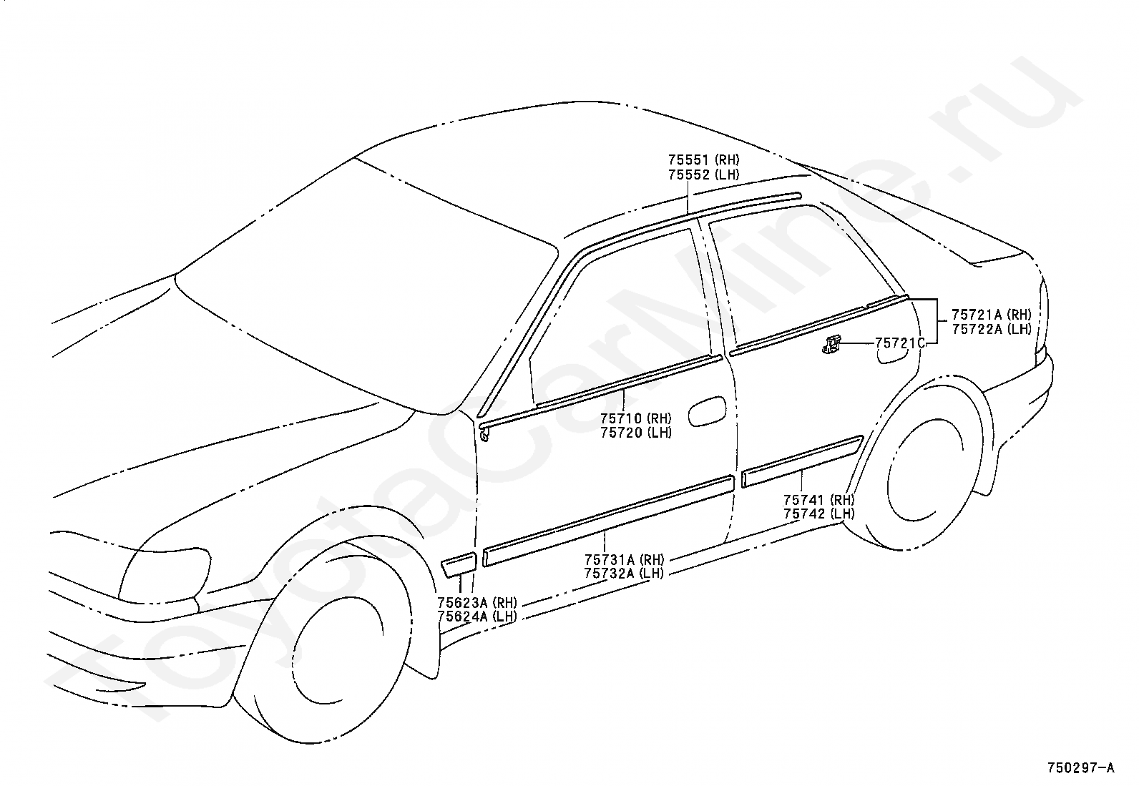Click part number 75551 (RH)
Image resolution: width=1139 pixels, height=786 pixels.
click(703, 160)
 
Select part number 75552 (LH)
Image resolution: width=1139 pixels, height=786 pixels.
click(703, 175)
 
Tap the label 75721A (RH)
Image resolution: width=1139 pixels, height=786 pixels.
click(991, 315)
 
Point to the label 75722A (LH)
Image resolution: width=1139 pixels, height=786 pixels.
click(991, 329)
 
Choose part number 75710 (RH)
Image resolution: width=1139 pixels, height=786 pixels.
click(635, 418)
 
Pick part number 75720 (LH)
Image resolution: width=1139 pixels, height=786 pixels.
click(635, 433)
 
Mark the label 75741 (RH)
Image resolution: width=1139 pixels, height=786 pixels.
click(818, 500)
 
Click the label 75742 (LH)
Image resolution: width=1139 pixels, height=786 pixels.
click(818, 514)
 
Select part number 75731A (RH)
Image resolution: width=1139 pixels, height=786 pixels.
click(624, 559)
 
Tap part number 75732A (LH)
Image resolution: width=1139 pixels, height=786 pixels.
click(624, 573)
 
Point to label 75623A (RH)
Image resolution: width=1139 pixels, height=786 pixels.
click(477, 602)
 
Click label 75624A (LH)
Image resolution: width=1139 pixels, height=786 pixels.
click(477, 616)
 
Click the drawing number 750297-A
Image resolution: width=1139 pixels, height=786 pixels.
click(1080, 767)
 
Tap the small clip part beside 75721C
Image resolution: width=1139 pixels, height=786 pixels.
click(831, 345)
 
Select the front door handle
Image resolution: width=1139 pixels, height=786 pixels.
click(706, 411)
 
